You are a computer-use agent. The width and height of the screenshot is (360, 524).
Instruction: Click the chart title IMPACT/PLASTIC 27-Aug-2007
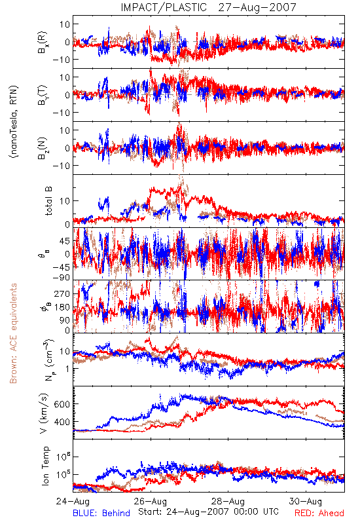(208, 7)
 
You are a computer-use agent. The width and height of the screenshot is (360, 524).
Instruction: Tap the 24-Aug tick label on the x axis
(73, 501)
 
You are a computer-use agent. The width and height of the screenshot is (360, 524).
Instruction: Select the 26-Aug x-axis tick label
(151, 501)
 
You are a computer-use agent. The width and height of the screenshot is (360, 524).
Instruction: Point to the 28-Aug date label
(228, 501)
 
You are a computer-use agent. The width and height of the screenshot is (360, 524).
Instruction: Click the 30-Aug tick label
(306, 501)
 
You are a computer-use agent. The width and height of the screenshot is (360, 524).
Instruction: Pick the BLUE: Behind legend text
(101, 513)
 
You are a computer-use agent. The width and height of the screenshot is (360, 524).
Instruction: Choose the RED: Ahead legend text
(319, 513)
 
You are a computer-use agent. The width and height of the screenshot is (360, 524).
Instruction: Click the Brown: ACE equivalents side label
(13, 333)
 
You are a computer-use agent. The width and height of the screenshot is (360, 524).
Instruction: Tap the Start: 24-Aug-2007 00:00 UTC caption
(208, 512)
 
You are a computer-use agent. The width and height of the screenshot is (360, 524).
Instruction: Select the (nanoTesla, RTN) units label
(14, 122)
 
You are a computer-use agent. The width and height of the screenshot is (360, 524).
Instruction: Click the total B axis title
(48, 201)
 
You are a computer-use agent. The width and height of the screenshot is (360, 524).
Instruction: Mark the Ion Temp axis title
(45, 466)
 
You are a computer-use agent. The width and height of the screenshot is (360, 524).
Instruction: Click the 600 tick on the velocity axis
(62, 404)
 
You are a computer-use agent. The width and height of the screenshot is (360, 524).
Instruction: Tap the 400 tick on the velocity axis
(62, 422)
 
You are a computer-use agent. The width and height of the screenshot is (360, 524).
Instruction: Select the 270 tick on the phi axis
(62, 293)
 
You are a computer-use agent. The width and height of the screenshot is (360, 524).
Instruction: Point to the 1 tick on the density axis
(68, 369)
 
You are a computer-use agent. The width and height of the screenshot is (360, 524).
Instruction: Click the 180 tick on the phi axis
(62, 307)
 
